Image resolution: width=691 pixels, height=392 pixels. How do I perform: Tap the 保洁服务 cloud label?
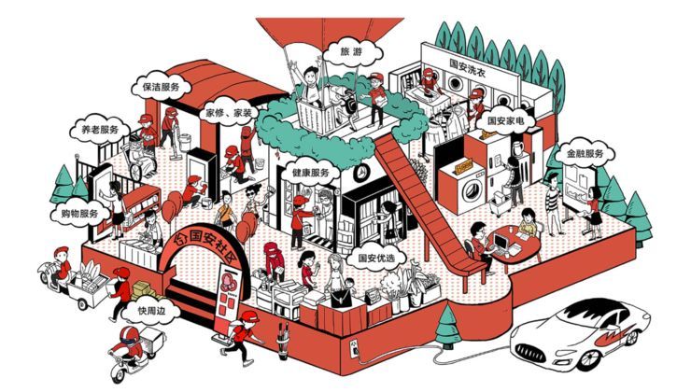click(x=160, y=87)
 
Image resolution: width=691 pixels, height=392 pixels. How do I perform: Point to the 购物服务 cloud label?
click(x=76, y=214)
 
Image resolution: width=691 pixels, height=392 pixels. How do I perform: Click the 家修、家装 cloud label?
click(x=229, y=112)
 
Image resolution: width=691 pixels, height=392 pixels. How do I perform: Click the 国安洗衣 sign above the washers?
click(x=468, y=64)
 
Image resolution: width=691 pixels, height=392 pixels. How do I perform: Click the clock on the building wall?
click(x=360, y=174)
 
